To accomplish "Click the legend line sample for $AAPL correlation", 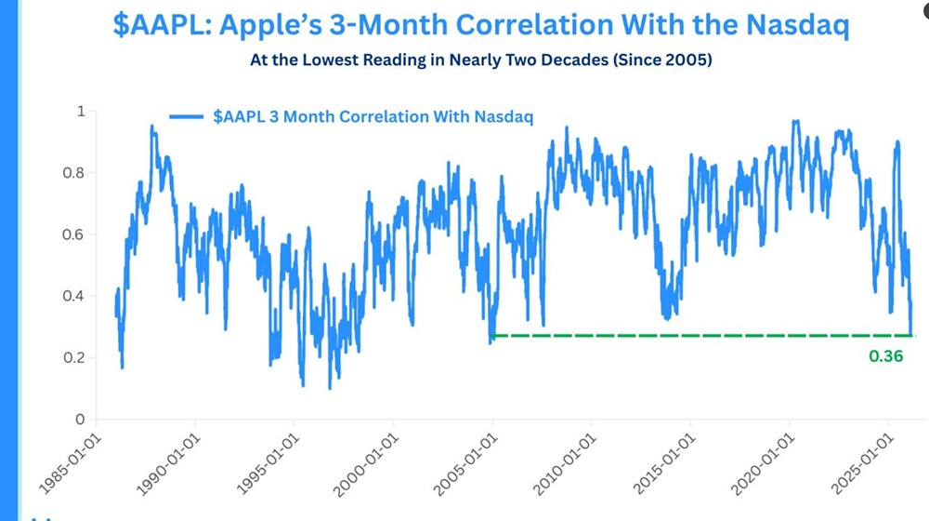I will coord(187,116).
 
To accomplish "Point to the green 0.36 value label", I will coord(885,355).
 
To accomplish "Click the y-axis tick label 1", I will coord(80,111).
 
